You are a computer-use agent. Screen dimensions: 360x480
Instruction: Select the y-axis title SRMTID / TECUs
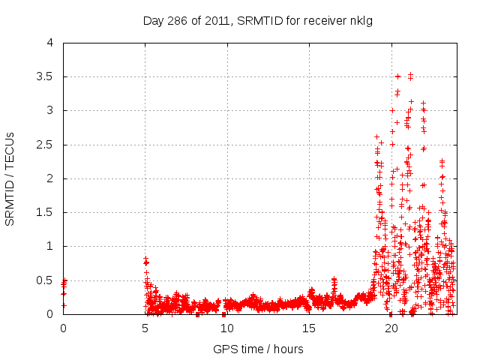click(x=10, y=178)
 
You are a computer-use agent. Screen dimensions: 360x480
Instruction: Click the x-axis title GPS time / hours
click(x=258, y=349)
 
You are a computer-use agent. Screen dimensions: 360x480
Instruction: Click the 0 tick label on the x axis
click(x=63, y=328)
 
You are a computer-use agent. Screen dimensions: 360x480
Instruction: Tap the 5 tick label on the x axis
click(x=145, y=328)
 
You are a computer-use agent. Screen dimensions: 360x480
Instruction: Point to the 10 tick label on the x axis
click(x=227, y=328)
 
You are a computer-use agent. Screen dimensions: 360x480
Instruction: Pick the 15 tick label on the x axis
click(x=309, y=328)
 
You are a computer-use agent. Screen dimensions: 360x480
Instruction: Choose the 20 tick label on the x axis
click(x=391, y=328)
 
